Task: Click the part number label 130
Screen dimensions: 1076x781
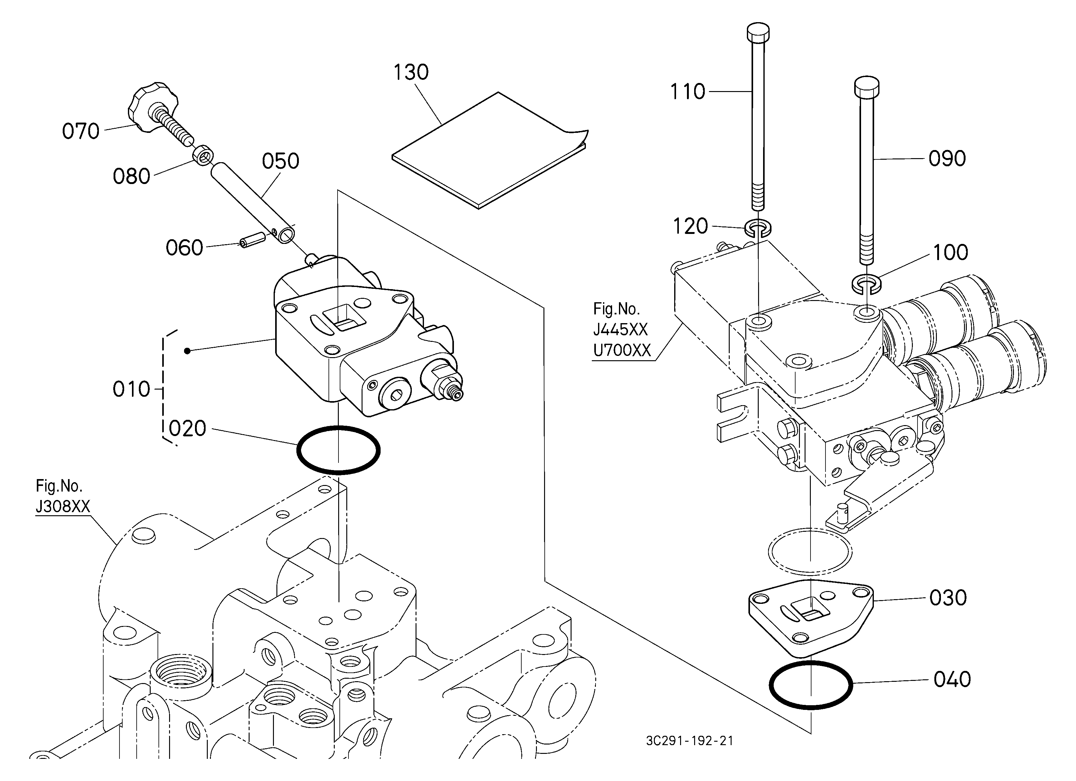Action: click(411, 73)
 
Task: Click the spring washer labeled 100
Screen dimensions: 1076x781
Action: click(867, 284)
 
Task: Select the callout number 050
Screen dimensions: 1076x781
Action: click(280, 162)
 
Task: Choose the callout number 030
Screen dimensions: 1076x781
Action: click(948, 598)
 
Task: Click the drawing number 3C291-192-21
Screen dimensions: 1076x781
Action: click(689, 741)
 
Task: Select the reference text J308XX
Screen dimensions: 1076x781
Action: click(63, 507)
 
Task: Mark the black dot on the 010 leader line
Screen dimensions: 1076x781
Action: click(187, 351)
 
